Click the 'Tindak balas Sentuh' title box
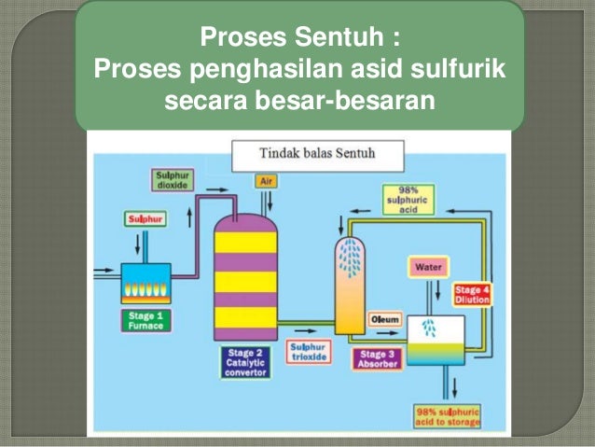[317, 153]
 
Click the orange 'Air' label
[266, 180]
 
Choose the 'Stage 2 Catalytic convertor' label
[245, 362]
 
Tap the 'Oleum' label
[385, 320]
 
